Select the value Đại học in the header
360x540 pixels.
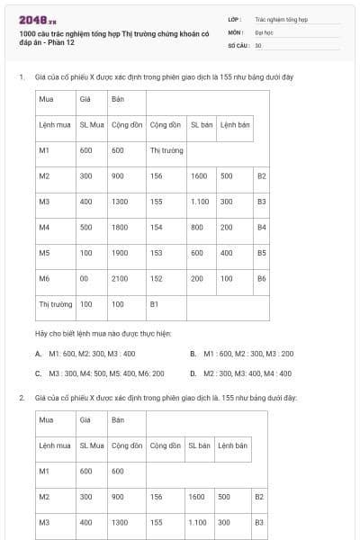261,31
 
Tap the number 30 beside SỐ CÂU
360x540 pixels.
258,45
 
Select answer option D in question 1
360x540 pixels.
241,373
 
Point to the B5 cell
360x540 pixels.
262,253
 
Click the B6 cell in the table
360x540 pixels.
262,279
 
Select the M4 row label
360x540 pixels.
44,228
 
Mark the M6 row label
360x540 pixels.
44,279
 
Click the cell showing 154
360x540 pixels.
157,228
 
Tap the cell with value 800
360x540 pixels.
196,228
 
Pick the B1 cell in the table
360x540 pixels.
154,304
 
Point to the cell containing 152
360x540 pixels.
157,279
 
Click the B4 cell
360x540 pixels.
262,228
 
